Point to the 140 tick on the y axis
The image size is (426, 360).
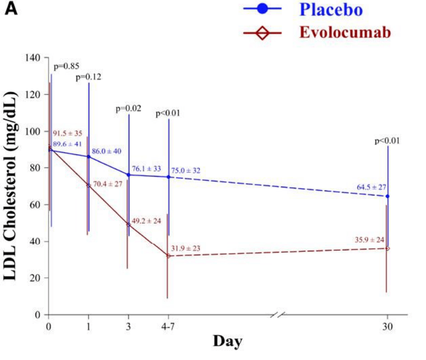pos(35,57)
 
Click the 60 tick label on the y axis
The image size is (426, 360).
pos(37,205)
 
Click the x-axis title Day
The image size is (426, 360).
pos(228,342)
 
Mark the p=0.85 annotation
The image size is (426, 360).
pos(67,66)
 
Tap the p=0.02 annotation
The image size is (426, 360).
pos(129,109)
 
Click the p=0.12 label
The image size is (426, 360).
pos(88,77)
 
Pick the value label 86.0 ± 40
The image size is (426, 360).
pos(106,151)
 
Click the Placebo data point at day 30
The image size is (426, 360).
pos(388,196)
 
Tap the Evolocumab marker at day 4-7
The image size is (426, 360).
pos(168,256)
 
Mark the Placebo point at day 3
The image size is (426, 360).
pos(128,174)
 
